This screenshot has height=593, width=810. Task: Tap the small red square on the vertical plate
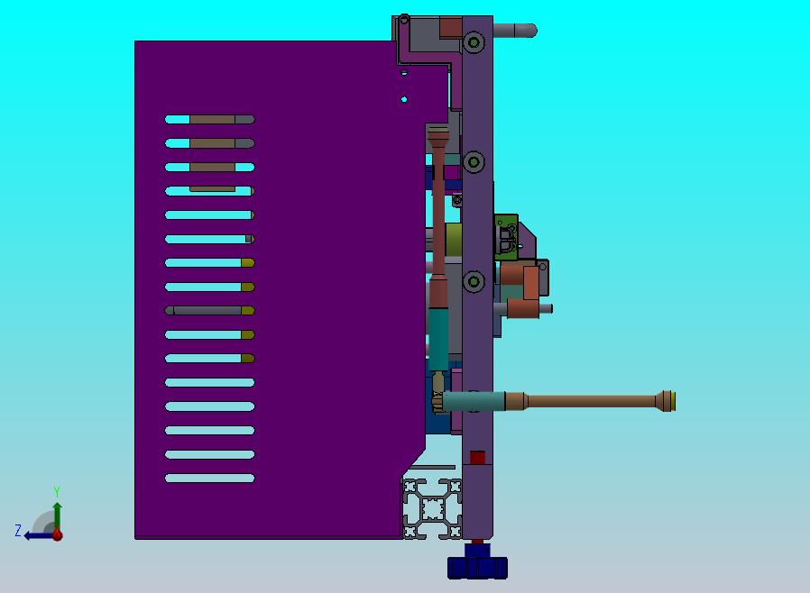click(x=477, y=457)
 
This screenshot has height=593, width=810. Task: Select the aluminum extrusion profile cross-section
click(x=432, y=509)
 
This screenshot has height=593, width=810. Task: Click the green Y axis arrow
click(x=58, y=516)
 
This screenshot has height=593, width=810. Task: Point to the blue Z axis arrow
click(x=39, y=535)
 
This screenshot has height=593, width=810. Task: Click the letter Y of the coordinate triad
click(x=57, y=491)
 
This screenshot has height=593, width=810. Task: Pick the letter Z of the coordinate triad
click(x=18, y=530)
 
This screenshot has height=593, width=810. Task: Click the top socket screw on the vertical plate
click(x=474, y=41)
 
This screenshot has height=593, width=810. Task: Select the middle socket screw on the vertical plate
click(x=474, y=161)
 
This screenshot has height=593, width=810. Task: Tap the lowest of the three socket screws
click(x=474, y=281)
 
